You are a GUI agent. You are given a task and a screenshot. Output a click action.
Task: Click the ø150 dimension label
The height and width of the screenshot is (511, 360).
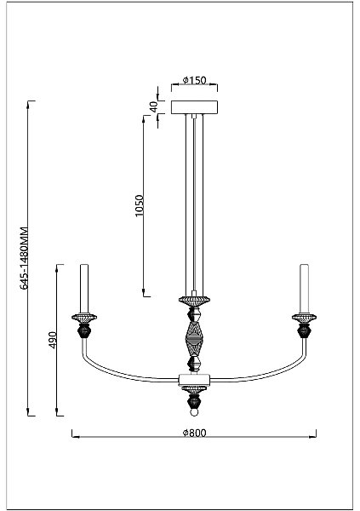click(195, 80)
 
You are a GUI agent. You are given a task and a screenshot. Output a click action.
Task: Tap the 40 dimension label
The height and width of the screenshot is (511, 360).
click(153, 106)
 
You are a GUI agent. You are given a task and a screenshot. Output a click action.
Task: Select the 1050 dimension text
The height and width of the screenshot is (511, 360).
click(139, 205)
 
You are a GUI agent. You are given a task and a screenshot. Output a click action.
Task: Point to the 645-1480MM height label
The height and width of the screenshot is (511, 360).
click(24, 258)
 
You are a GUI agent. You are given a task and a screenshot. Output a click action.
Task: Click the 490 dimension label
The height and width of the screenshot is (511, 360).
click(53, 340)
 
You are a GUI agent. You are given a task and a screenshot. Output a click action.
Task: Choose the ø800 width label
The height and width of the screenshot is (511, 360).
click(195, 433)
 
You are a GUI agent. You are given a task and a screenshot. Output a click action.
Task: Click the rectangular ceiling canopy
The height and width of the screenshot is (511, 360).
click(195, 107)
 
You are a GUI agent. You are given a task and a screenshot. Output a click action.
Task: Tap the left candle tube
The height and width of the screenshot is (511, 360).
click(84, 289)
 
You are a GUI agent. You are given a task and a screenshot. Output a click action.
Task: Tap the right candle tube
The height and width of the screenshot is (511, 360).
click(305, 289)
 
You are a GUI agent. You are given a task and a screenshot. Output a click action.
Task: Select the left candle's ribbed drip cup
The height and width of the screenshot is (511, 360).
click(84, 318)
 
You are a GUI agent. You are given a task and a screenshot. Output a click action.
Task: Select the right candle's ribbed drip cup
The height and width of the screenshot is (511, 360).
click(305, 318)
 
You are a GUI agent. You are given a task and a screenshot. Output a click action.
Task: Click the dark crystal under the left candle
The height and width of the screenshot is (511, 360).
click(84, 331)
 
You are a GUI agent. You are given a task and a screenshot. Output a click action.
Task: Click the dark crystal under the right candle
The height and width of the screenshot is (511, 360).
click(305, 331)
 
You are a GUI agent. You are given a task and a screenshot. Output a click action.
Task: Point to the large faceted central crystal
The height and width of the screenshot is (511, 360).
click(195, 339)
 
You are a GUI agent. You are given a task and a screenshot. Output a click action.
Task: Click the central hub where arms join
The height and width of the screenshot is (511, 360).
click(195, 380)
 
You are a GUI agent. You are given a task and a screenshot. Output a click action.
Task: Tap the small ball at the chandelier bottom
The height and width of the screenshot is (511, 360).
click(195, 412)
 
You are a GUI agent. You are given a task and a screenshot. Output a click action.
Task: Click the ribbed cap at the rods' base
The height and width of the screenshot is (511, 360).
click(195, 301)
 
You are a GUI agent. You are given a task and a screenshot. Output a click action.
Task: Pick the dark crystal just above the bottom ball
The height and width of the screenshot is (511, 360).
click(195, 401)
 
